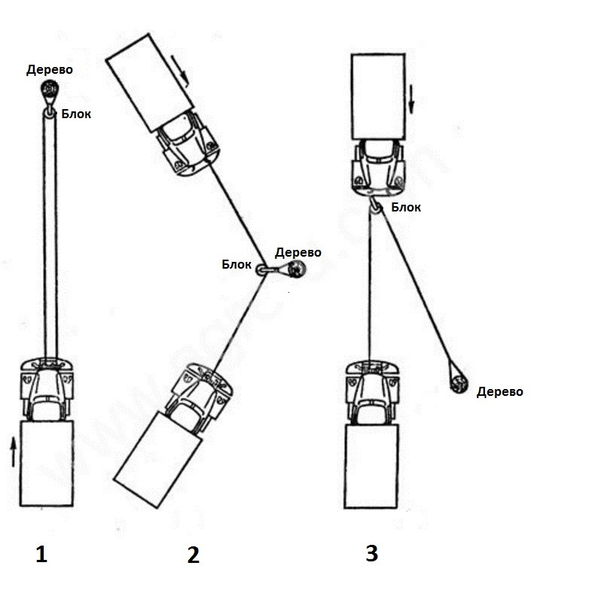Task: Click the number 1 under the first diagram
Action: click(41, 555)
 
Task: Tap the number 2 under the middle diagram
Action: click(194, 555)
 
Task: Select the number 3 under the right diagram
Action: click(371, 554)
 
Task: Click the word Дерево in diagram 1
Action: click(50, 70)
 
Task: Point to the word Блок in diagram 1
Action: click(78, 115)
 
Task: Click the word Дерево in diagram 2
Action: click(298, 253)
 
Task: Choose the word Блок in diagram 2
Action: click(236, 264)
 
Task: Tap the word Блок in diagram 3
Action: click(406, 208)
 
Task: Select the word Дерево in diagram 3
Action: click(499, 391)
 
